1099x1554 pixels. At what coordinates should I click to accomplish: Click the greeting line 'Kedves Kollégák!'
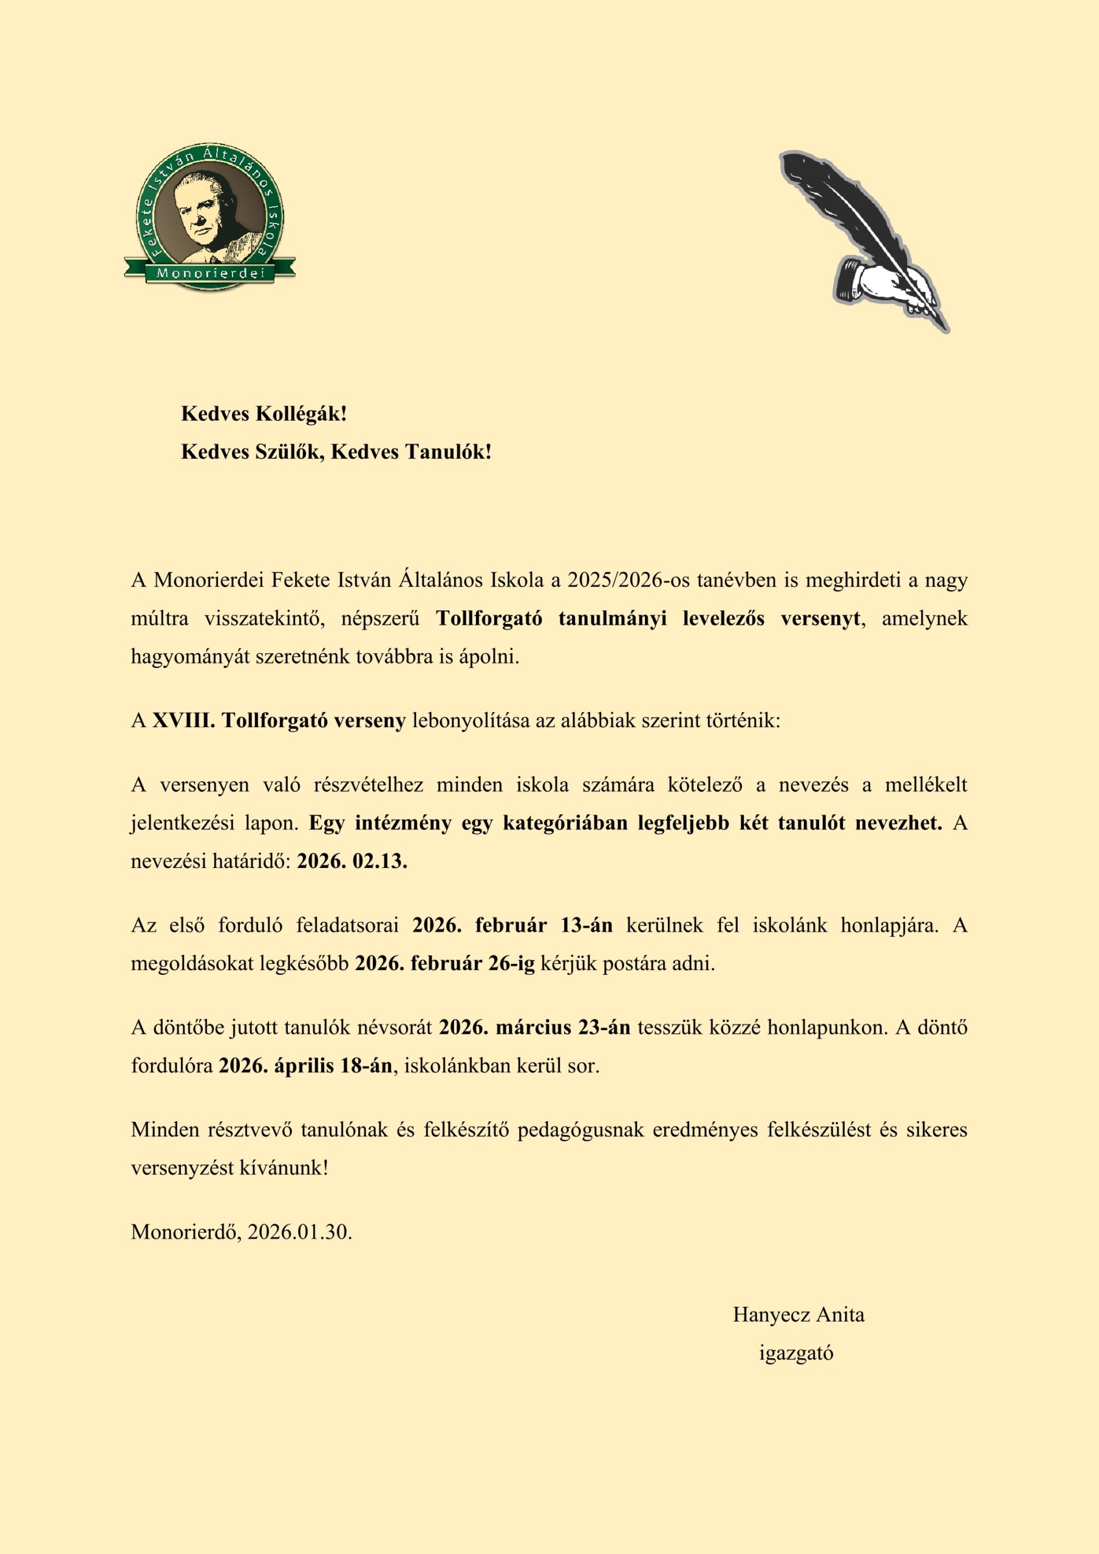264,413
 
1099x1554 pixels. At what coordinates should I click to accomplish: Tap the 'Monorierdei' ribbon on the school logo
210,273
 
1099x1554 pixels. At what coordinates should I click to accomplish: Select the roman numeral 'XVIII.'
183,720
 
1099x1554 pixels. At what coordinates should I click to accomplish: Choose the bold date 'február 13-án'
544,925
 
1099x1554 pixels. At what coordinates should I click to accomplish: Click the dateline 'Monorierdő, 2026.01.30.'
242,1231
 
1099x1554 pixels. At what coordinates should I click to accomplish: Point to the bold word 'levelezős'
723,618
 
